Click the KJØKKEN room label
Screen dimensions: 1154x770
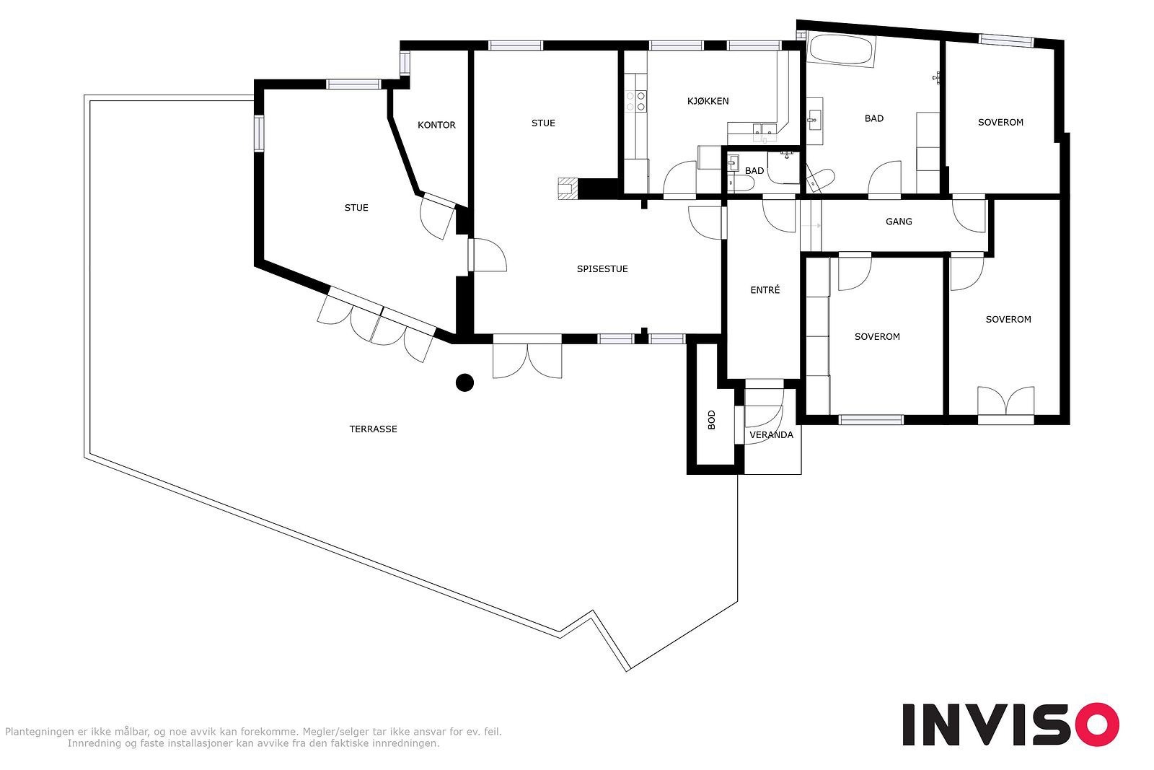pos(708,101)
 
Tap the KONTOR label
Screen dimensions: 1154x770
pos(436,125)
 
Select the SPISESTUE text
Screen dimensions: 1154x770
pos(602,268)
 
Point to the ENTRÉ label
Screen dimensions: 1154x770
pos(765,289)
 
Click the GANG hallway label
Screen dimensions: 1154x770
pos(899,222)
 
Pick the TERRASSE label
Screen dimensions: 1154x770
pos(373,429)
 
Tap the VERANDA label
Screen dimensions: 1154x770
pos(771,435)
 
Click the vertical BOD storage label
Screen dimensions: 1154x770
pos(711,419)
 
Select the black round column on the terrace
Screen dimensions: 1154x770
pos(464,382)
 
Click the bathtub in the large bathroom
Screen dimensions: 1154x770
pos(841,50)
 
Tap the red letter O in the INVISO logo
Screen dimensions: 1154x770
pos(1097,724)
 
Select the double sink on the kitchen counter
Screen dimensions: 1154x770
pos(765,132)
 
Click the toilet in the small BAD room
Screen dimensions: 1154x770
pos(741,183)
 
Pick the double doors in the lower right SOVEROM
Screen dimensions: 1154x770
pos(1005,401)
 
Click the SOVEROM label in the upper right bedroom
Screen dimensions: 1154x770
pos(1000,122)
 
